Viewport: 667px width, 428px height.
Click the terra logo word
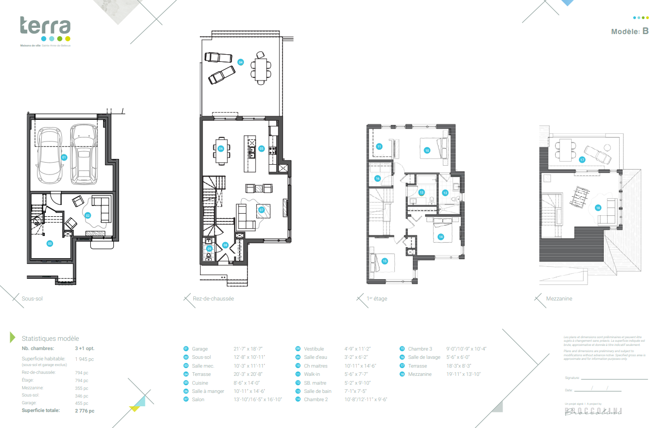45,26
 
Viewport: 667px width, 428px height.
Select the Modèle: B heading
629,31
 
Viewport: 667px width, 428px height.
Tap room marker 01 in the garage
64,157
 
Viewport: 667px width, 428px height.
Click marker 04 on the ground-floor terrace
240,62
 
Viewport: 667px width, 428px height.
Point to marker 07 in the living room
261,210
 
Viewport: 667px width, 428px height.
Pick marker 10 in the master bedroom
427,150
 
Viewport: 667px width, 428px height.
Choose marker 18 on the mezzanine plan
598,208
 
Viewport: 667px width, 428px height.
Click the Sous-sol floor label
32,298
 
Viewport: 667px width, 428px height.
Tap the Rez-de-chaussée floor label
213,298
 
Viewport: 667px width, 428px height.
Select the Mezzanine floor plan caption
559,298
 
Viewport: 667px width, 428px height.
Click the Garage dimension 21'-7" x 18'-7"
248,349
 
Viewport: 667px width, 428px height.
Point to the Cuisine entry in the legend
200,383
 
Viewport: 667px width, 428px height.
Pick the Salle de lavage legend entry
424,357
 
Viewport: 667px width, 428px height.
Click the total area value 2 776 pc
85,411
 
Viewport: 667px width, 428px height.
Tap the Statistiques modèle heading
50,339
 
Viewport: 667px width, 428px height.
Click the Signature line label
572,378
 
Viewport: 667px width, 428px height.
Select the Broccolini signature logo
593,411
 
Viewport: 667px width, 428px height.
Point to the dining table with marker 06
221,149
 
